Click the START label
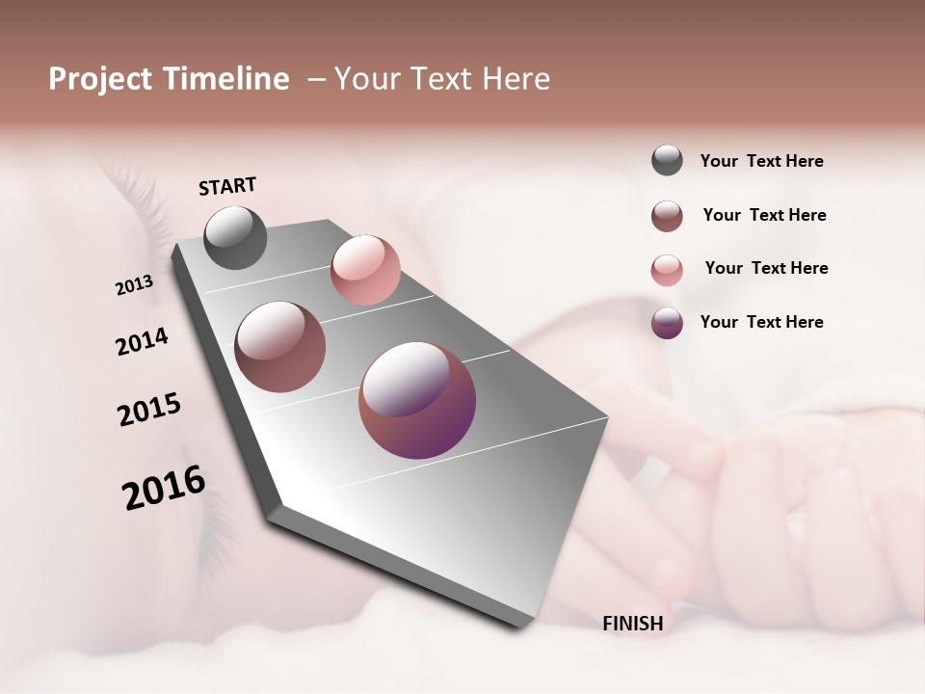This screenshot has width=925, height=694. [227, 186]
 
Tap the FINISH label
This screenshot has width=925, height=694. [632, 624]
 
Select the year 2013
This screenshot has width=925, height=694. [135, 285]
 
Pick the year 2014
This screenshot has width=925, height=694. [143, 341]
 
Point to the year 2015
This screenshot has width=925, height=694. [149, 410]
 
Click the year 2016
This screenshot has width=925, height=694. [164, 488]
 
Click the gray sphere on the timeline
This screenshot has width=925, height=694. [235, 237]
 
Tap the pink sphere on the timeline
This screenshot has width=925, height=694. [365, 270]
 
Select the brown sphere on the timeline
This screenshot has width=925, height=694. [280, 347]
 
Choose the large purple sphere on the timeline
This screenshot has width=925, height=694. [417, 400]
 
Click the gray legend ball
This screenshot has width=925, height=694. [667, 160]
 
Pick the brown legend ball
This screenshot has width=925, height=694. [667, 216]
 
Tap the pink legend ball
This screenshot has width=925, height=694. [667, 269]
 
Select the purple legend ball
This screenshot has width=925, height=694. [667, 323]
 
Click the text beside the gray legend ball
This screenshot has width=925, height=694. [761, 161]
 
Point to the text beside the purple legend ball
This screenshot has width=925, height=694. [761, 322]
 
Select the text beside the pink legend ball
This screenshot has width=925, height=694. [766, 268]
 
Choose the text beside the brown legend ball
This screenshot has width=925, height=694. [764, 215]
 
